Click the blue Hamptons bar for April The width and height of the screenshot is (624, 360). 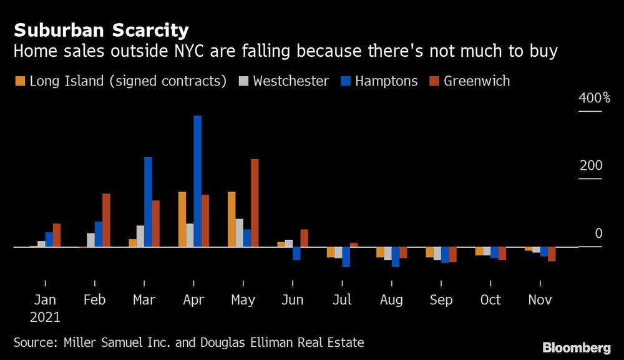tap(197, 181)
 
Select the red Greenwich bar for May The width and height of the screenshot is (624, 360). tap(255, 203)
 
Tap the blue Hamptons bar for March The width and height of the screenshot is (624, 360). tap(148, 202)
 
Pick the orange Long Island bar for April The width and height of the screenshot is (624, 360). tap(182, 219)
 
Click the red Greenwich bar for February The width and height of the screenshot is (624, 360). tap(106, 220)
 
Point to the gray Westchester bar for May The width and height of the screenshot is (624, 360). tap(239, 233)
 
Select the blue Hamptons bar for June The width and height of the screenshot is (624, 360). tap(296, 253)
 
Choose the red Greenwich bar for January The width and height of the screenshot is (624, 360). tap(57, 235)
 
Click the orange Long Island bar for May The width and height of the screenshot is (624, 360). tap(232, 219)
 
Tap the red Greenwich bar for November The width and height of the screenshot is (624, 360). tap(552, 254)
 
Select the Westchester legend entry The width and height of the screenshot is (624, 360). tap(285, 81)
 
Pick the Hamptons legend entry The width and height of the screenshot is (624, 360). tap(379, 81)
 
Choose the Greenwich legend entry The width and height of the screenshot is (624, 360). tap(470, 81)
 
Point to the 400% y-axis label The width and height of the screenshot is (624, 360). tap(595, 98)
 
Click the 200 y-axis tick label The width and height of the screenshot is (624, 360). tap(591, 166)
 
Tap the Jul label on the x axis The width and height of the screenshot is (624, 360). tap(342, 300)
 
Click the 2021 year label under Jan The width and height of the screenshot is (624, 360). tap(44, 317)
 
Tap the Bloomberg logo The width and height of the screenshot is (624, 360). tap(577, 348)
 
